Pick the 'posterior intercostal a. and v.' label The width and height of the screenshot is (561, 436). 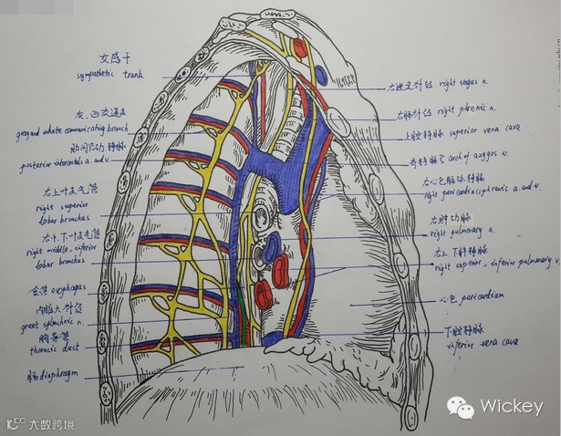point(63,166)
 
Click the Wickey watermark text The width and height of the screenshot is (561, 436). point(512,407)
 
